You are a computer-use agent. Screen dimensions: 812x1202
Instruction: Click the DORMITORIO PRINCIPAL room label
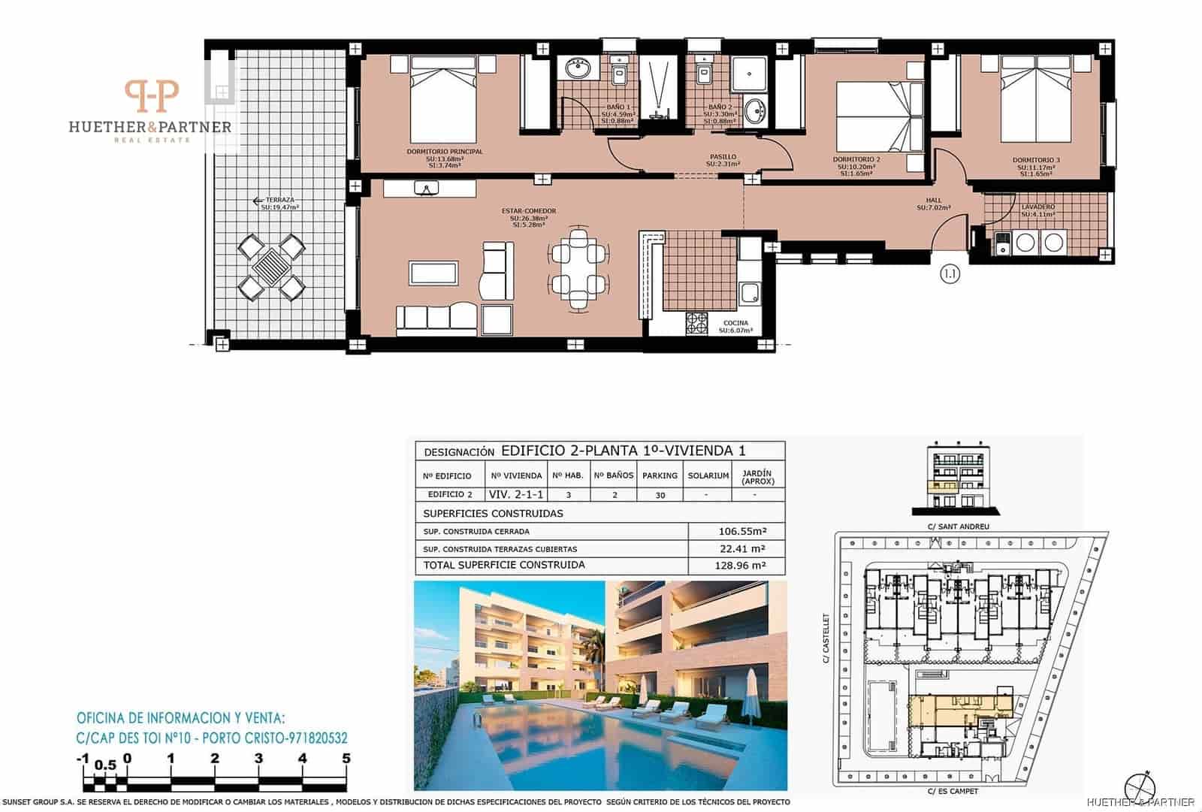coord(444,152)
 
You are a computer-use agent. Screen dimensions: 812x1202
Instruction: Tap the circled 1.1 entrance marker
coord(950,274)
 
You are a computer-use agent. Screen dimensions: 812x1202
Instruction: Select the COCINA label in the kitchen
coord(735,323)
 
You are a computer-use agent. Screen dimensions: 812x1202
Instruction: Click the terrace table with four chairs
coord(271,265)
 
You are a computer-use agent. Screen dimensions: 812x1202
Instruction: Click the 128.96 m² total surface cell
coord(741,566)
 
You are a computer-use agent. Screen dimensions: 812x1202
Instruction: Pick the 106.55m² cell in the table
coord(741,531)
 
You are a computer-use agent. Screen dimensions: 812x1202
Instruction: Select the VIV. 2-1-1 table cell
coord(516,494)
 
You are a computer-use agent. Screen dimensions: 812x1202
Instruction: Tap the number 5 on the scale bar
coord(346,759)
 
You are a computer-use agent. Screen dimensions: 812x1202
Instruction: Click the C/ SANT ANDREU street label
coord(959,527)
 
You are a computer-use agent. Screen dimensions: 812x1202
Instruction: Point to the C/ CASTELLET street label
coord(826,638)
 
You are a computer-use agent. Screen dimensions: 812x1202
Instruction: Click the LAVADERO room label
coord(1037,207)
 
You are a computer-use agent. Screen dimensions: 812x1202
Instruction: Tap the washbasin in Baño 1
coord(577,69)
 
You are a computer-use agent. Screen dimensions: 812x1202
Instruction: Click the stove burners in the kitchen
coord(696,322)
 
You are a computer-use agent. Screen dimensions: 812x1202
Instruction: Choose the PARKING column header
coord(660,475)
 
